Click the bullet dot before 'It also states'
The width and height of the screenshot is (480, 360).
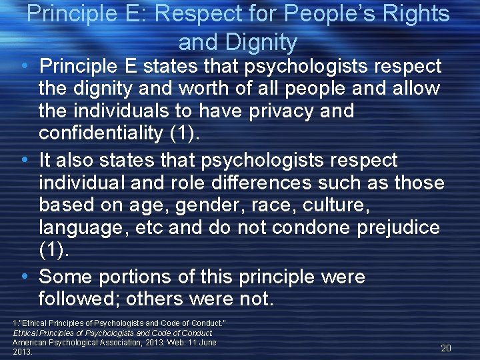(25, 161)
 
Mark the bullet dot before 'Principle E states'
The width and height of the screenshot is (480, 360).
(25, 67)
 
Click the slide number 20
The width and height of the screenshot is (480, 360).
(445, 348)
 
